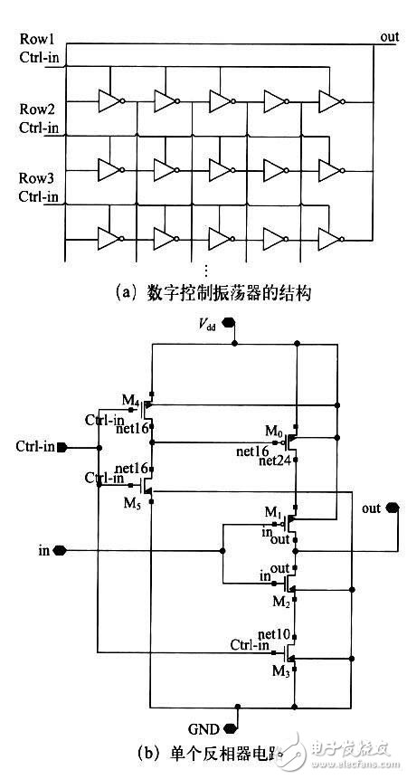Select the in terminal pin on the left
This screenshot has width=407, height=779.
61,549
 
